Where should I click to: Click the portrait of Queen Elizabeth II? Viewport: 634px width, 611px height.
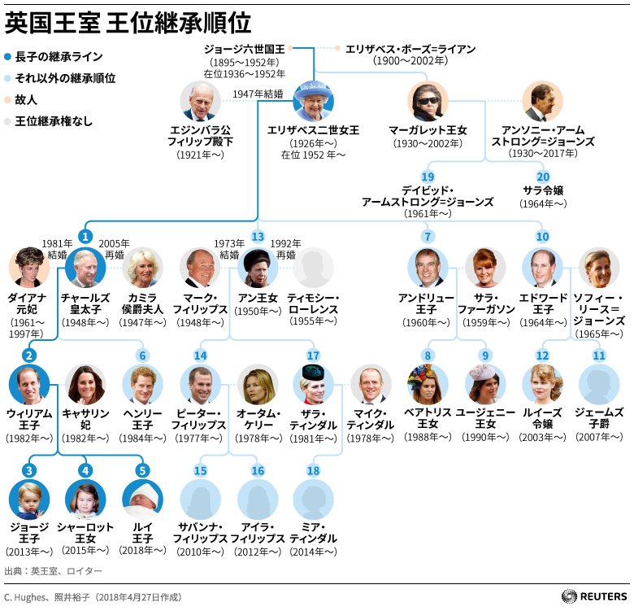click(x=313, y=101)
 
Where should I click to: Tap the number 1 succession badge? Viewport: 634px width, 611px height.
click(x=85, y=236)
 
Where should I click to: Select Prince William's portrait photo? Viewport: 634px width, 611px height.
click(x=29, y=384)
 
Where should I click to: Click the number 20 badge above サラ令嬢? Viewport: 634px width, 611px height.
click(x=543, y=177)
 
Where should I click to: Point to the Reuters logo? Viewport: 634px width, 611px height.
click(x=593, y=596)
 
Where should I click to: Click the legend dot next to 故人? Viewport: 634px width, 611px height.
click(x=7, y=99)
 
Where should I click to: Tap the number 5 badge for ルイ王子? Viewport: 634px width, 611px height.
click(x=143, y=469)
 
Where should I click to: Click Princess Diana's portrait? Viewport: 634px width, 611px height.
click(x=29, y=268)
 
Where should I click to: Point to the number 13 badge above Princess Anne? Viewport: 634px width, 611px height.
click(x=258, y=236)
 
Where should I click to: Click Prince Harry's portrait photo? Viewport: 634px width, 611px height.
click(x=143, y=384)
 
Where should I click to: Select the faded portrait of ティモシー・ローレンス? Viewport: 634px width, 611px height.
click(x=313, y=268)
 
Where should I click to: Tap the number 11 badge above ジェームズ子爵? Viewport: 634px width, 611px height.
click(x=600, y=355)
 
